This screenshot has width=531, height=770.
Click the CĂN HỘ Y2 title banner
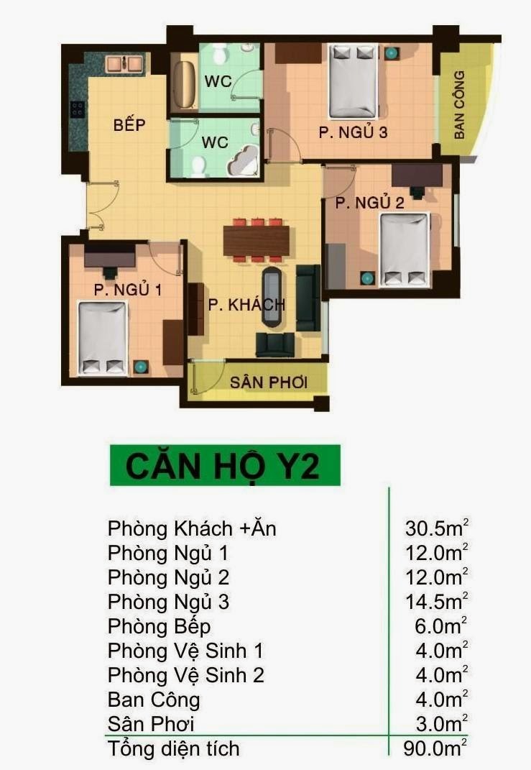click(224, 465)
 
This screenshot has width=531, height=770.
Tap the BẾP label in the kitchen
click(129, 125)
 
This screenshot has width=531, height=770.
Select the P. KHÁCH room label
click(246, 304)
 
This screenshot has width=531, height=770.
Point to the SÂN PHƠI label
click(269, 382)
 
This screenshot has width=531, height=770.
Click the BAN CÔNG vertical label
click(460, 104)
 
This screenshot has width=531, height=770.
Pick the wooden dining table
click(257, 240)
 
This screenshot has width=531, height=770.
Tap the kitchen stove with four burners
click(77, 109)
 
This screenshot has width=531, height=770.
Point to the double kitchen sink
click(117, 64)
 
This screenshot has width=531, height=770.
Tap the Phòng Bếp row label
click(159, 626)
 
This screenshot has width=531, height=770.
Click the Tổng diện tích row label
click(173, 748)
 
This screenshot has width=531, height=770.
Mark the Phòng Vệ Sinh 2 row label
click(185, 675)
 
